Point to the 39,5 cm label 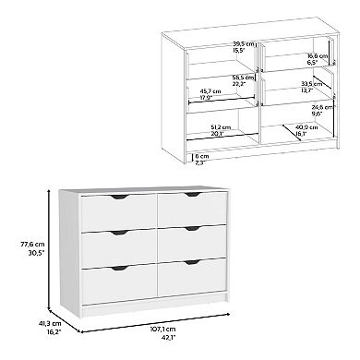pyautogui.click(x=217, y=42)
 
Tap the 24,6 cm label pyautogui.click(x=321, y=108)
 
